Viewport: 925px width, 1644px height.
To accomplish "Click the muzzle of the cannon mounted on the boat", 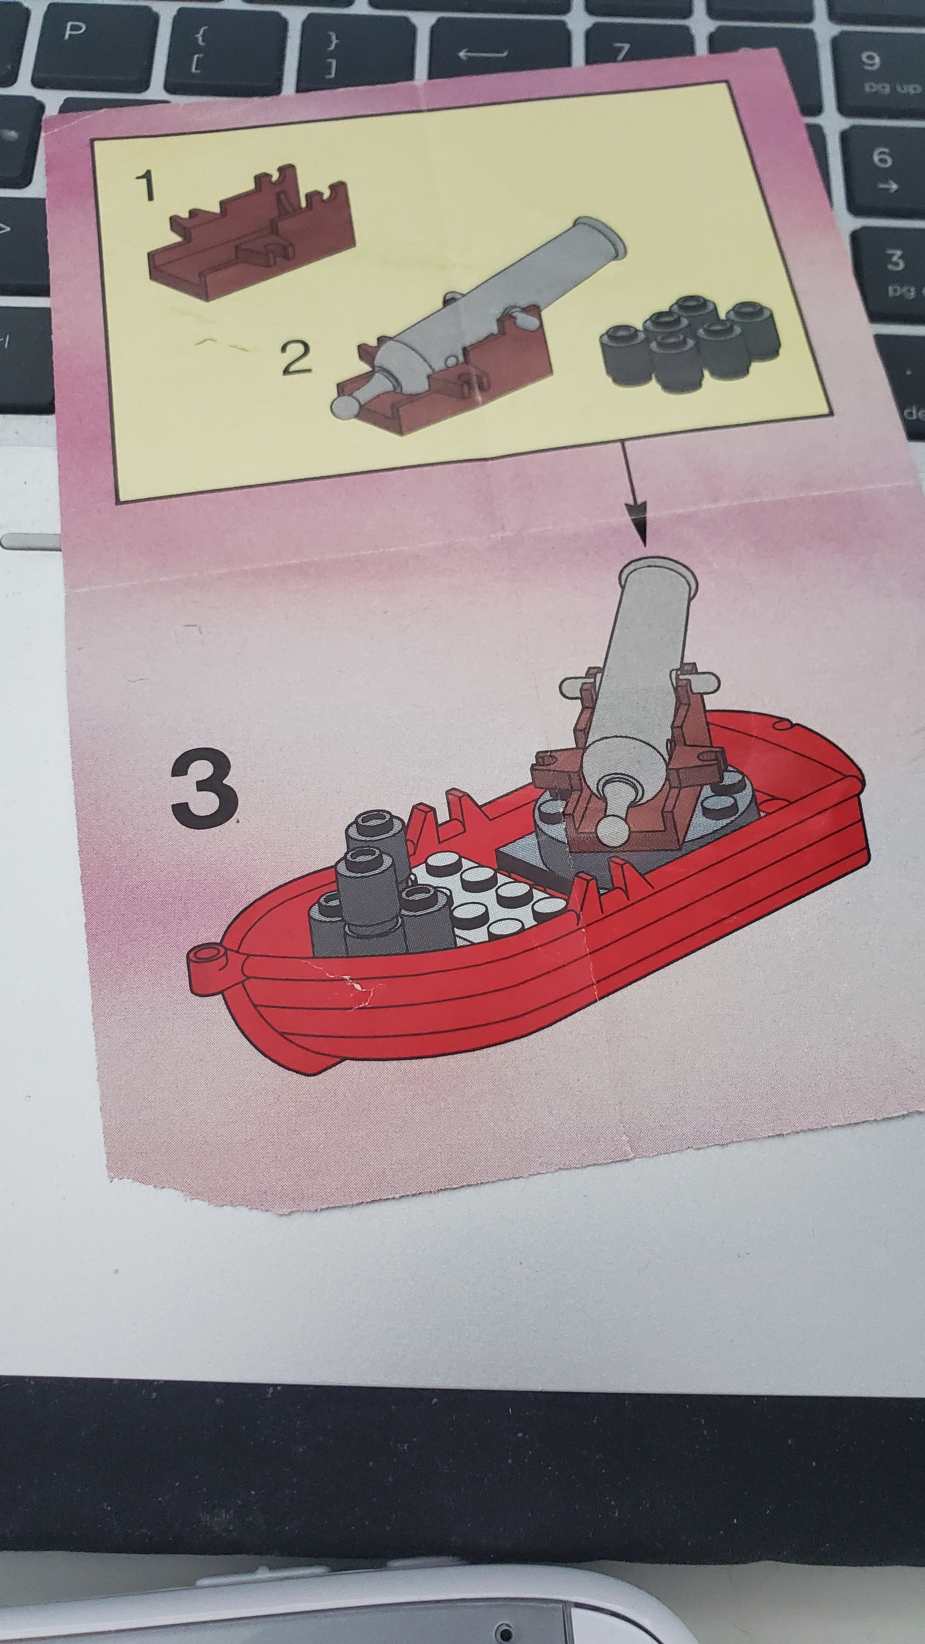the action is click(658, 575).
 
